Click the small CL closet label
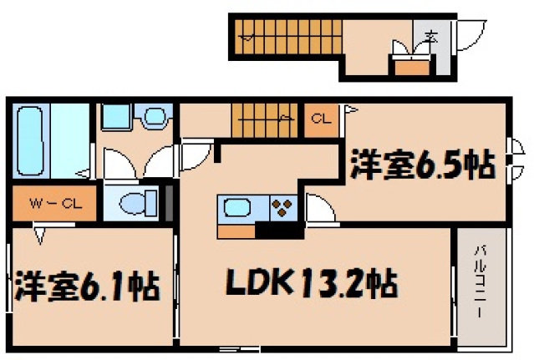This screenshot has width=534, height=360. [319, 118]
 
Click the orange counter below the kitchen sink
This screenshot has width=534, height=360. [236, 227]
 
